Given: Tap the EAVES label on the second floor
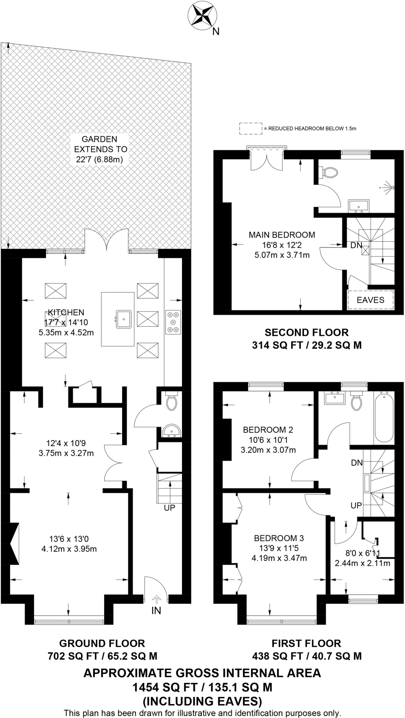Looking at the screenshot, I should [x=370, y=300].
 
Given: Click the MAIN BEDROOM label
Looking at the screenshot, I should [x=282, y=235].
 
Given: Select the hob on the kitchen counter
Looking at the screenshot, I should [x=173, y=321].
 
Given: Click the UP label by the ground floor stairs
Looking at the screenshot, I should [x=169, y=508].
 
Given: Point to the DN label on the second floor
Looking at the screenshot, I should [x=356, y=245].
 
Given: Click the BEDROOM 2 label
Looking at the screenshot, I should [x=268, y=429].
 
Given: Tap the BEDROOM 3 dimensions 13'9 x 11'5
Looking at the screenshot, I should [x=279, y=548].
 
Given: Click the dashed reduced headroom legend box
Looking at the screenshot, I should [x=250, y=129].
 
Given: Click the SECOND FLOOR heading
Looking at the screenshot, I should [x=306, y=332].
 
